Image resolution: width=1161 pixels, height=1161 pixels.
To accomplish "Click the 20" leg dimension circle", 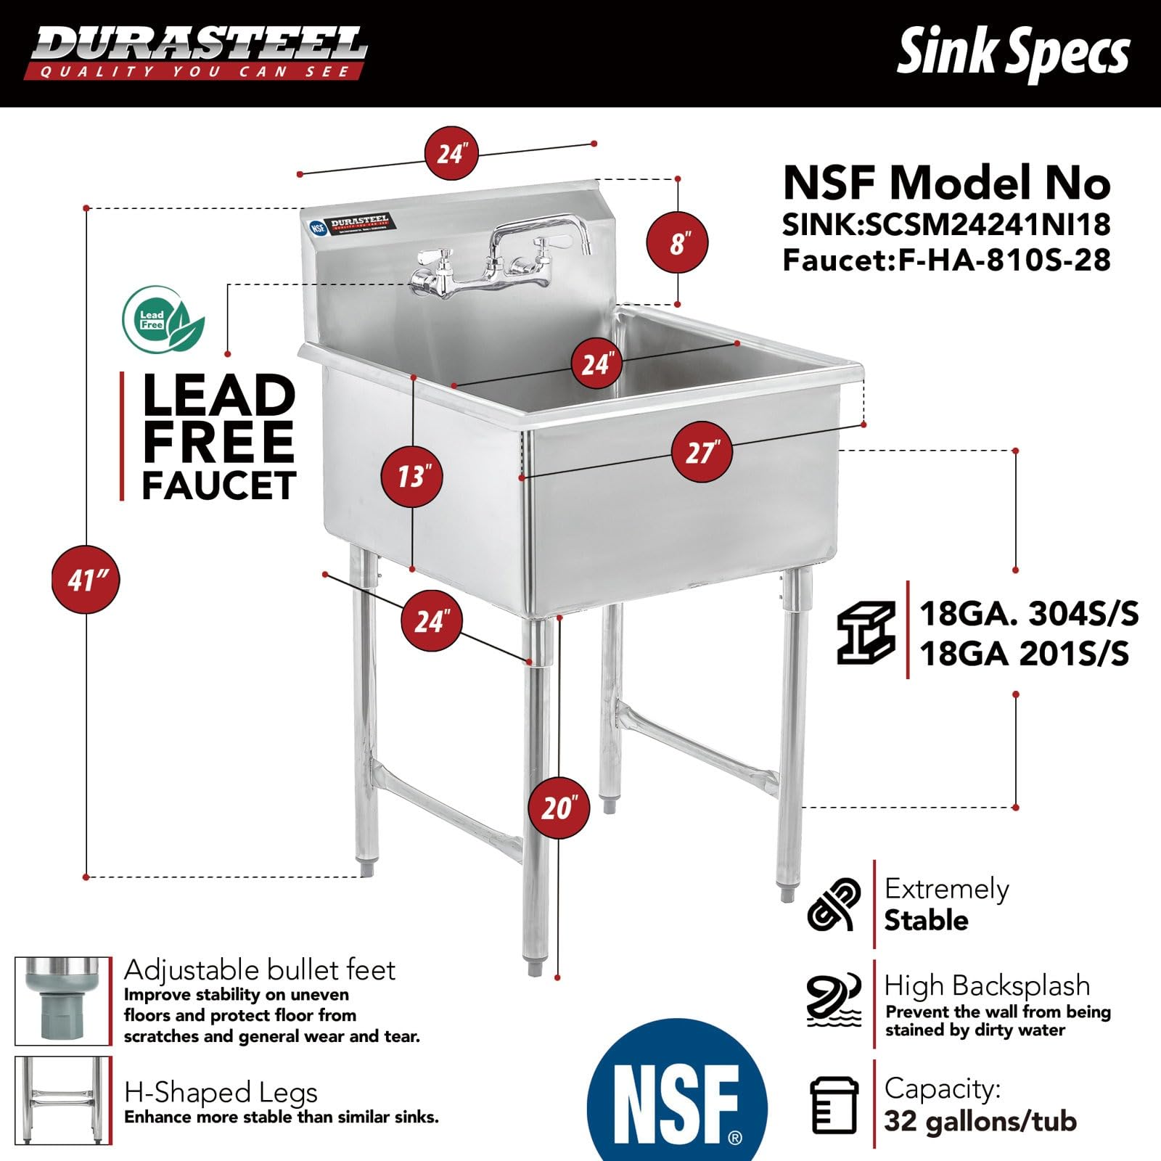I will [x=559, y=807].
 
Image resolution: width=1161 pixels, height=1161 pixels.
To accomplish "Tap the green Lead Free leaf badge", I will [x=163, y=319].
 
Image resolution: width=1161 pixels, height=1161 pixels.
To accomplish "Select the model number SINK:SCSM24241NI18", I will [x=946, y=225].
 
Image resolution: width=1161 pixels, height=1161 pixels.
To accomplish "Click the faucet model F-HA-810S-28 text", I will [x=946, y=260].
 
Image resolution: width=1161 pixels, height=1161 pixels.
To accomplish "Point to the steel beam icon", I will [x=865, y=631].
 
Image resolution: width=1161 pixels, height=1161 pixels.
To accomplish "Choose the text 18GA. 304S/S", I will [x=1028, y=614].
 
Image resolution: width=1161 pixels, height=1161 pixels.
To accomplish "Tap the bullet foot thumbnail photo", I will [x=63, y=1001].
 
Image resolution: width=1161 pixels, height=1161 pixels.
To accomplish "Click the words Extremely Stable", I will [x=945, y=904].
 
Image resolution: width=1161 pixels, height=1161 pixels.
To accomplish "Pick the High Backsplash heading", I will [x=987, y=985].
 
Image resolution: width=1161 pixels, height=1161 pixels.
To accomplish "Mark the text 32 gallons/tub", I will [x=980, y=1121].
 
